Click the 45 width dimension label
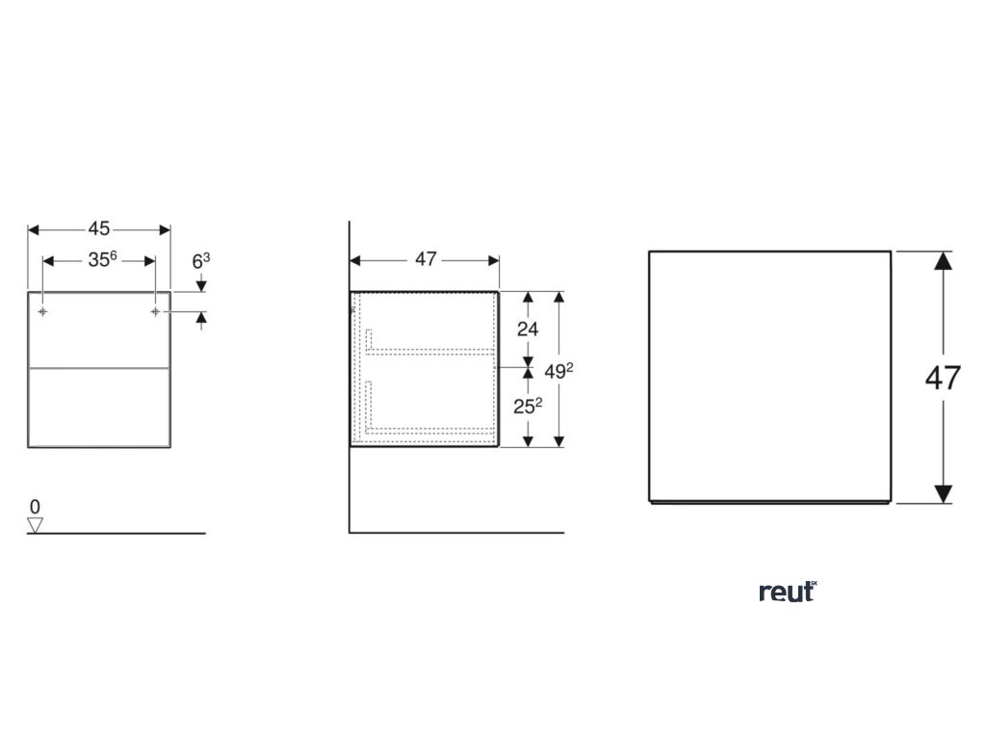coord(99,229)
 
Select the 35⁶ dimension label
coord(102,260)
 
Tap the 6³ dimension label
coord(201,260)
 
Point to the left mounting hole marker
coord(43,312)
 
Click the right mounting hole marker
coord(155,312)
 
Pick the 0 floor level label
coord(35,506)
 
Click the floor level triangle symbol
coord(36,525)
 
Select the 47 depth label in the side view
coord(425,259)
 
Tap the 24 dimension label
coord(527,328)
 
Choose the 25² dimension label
coord(528,406)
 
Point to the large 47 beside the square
coord(943,378)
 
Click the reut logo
coord(788,592)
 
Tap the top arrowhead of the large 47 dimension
coord(944,260)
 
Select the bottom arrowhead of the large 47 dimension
coord(944,494)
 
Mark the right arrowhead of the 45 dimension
coord(165,229)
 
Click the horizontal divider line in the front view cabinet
coord(99,368)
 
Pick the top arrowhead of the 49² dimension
coord(558,298)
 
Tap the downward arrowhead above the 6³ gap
coord(201,285)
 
